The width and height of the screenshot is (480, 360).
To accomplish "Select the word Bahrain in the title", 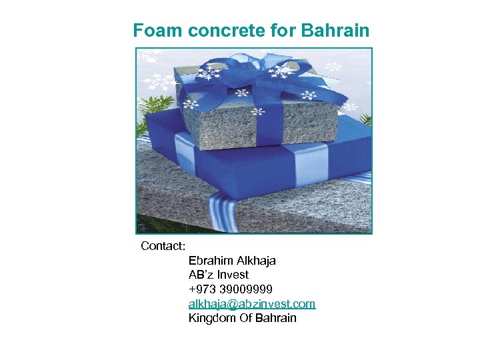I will click(x=335, y=31).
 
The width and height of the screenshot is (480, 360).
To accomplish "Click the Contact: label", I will click(x=163, y=246).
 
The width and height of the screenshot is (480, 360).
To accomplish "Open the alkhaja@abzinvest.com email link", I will click(x=252, y=304).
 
